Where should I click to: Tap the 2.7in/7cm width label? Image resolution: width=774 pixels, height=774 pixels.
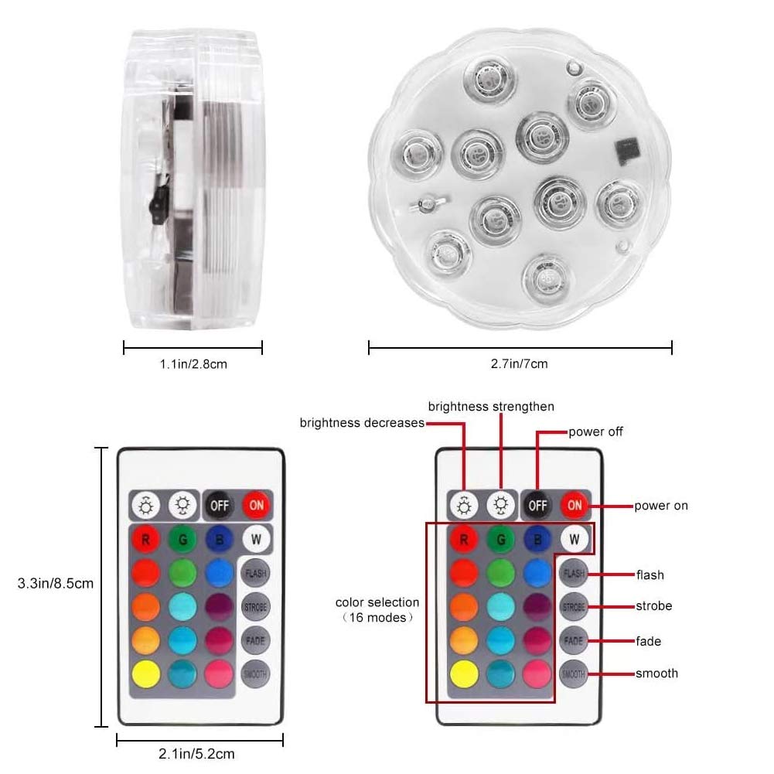pyautogui.click(x=520, y=363)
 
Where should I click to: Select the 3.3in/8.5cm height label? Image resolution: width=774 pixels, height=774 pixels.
pyautogui.click(x=55, y=584)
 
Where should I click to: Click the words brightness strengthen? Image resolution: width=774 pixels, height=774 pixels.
pyautogui.click(x=491, y=406)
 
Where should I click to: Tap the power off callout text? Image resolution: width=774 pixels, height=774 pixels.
pyautogui.click(x=595, y=431)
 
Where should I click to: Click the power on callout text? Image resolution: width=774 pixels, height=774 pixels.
pyautogui.click(x=661, y=506)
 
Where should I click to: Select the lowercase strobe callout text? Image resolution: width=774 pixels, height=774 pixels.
pyautogui.click(x=653, y=606)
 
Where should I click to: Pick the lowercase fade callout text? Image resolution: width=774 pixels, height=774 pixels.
pyautogui.click(x=649, y=641)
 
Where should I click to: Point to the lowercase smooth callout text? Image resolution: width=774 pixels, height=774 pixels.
pyautogui.click(x=656, y=673)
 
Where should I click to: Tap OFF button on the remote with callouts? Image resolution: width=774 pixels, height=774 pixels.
pyautogui.click(x=537, y=506)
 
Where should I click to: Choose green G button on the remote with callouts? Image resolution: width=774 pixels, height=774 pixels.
pyautogui.click(x=501, y=538)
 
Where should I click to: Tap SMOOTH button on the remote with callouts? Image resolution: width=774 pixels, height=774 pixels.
pyautogui.click(x=573, y=674)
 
